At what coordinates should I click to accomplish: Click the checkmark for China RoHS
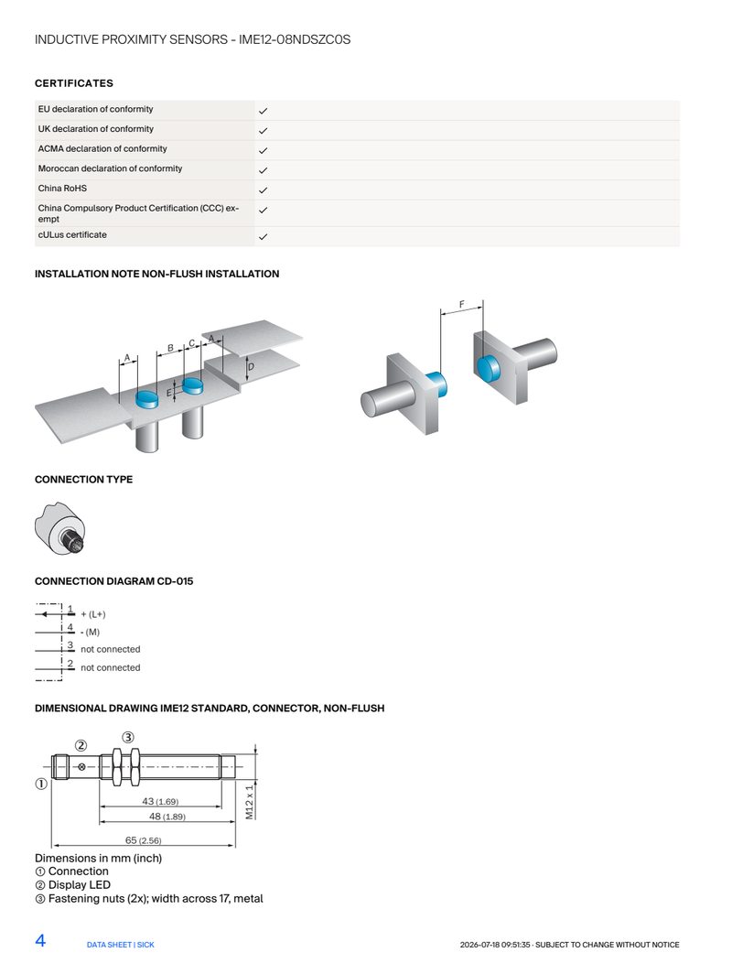click(263, 190)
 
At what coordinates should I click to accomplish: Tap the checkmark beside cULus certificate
click(263, 237)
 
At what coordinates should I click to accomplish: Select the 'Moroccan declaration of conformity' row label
click(110, 168)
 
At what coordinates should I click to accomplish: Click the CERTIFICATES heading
click(74, 83)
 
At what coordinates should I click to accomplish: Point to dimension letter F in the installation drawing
click(462, 304)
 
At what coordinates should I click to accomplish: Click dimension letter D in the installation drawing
click(251, 366)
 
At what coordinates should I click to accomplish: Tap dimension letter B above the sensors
click(170, 349)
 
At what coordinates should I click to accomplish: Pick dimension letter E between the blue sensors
click(169, 393)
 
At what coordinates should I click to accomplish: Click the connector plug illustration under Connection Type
click(60, 528)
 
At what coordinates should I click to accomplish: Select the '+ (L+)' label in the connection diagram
click(93, 614)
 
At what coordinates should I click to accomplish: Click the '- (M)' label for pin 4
click(90, 633)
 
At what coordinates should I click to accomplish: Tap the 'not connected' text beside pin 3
click(111, 649)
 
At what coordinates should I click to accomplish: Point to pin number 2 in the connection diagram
click(70, 664)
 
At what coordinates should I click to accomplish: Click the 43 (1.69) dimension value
click(160, 801)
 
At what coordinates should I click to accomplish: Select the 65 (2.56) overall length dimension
click(144, 840)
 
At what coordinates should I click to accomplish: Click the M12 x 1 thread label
click(250, 802)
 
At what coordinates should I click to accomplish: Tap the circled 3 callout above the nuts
click(128, 737)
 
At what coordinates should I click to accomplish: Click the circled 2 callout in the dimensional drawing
click(81, 745)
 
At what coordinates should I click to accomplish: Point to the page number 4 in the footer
click(40, 940)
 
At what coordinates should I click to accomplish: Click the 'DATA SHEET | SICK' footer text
click(121, 945)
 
